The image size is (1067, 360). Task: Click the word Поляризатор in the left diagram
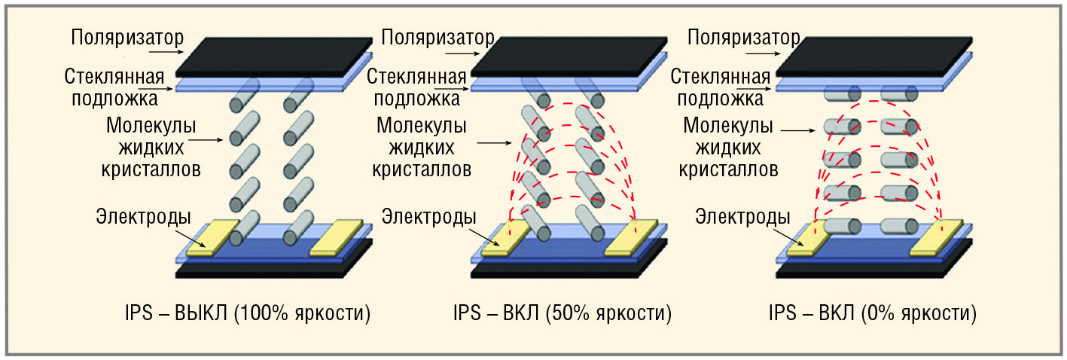(x=127, y=38)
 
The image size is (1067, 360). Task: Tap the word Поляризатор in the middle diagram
(x=437, y=38)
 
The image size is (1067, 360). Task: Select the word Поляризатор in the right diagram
(x=743, y=38)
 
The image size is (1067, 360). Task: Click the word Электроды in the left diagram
(x=143, y=217)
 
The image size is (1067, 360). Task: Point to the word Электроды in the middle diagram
(x=428, y=217)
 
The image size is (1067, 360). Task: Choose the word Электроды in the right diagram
(x=742, y=217)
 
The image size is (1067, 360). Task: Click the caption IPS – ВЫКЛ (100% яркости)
(x=248, y=313)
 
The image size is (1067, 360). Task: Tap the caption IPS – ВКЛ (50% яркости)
(x=562, y=313)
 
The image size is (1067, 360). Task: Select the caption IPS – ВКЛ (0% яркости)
(x=873, y=313)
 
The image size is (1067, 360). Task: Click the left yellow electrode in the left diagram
(x=212, y=237)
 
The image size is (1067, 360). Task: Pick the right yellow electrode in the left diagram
(x=337, y=237)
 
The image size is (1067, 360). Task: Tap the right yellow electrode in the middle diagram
(x=632, y=237)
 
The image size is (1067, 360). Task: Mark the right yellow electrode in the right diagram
(x=937, y=237)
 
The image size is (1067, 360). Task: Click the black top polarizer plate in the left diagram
(x=274, y=57)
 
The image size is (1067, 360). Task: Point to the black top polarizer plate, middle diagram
(x=569, y=57)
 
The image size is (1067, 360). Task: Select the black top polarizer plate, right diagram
(x=874, y=57)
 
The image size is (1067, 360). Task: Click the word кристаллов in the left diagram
(x=151, y=169)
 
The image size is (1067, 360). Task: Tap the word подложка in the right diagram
(x=720, y=99)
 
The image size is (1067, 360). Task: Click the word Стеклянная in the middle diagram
(x=416, y=77)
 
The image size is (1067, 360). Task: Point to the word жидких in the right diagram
(x=728, y=148)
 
